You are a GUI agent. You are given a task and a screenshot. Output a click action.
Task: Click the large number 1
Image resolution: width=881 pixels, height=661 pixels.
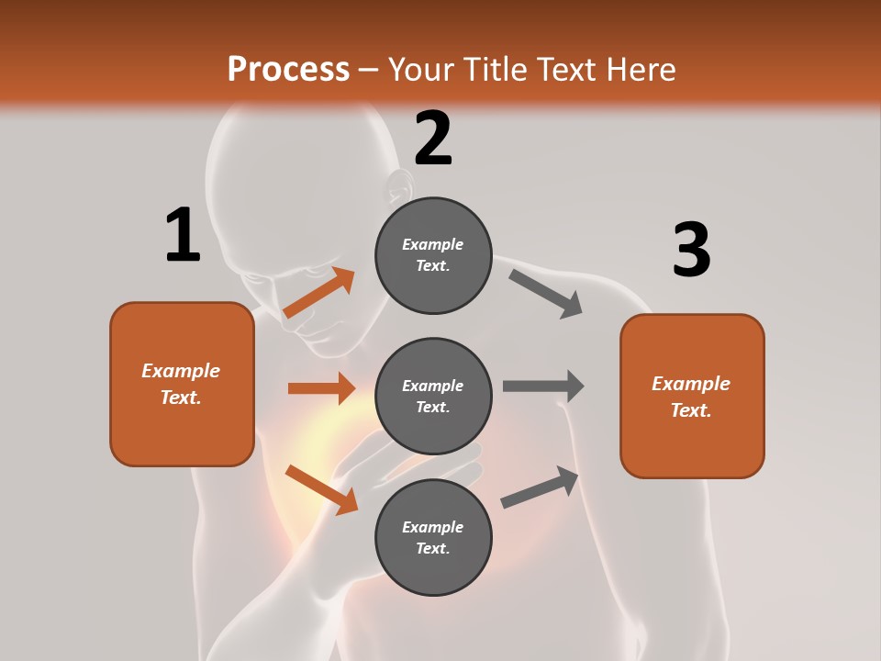(183, 236)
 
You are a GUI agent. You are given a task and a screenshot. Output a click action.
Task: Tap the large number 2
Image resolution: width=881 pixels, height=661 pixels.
(433, 139)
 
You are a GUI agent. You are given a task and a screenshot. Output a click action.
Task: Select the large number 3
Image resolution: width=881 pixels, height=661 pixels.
(691, 250)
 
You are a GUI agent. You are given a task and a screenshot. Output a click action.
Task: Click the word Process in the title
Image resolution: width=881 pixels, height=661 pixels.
(288, 69)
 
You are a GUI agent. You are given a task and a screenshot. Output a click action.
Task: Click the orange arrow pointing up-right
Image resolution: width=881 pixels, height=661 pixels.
(319, 293)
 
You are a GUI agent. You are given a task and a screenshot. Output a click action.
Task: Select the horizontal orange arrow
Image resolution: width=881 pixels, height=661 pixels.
(321, 388)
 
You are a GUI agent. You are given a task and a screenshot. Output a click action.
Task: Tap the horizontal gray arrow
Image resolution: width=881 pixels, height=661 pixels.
(543, 387)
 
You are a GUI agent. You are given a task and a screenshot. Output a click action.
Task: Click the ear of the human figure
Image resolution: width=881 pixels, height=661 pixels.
(398, 188)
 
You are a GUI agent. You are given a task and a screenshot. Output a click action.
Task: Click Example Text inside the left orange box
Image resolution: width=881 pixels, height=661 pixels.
(181, 384)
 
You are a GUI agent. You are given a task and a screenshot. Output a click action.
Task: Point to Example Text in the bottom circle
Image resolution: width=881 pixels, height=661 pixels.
(433, 537)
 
